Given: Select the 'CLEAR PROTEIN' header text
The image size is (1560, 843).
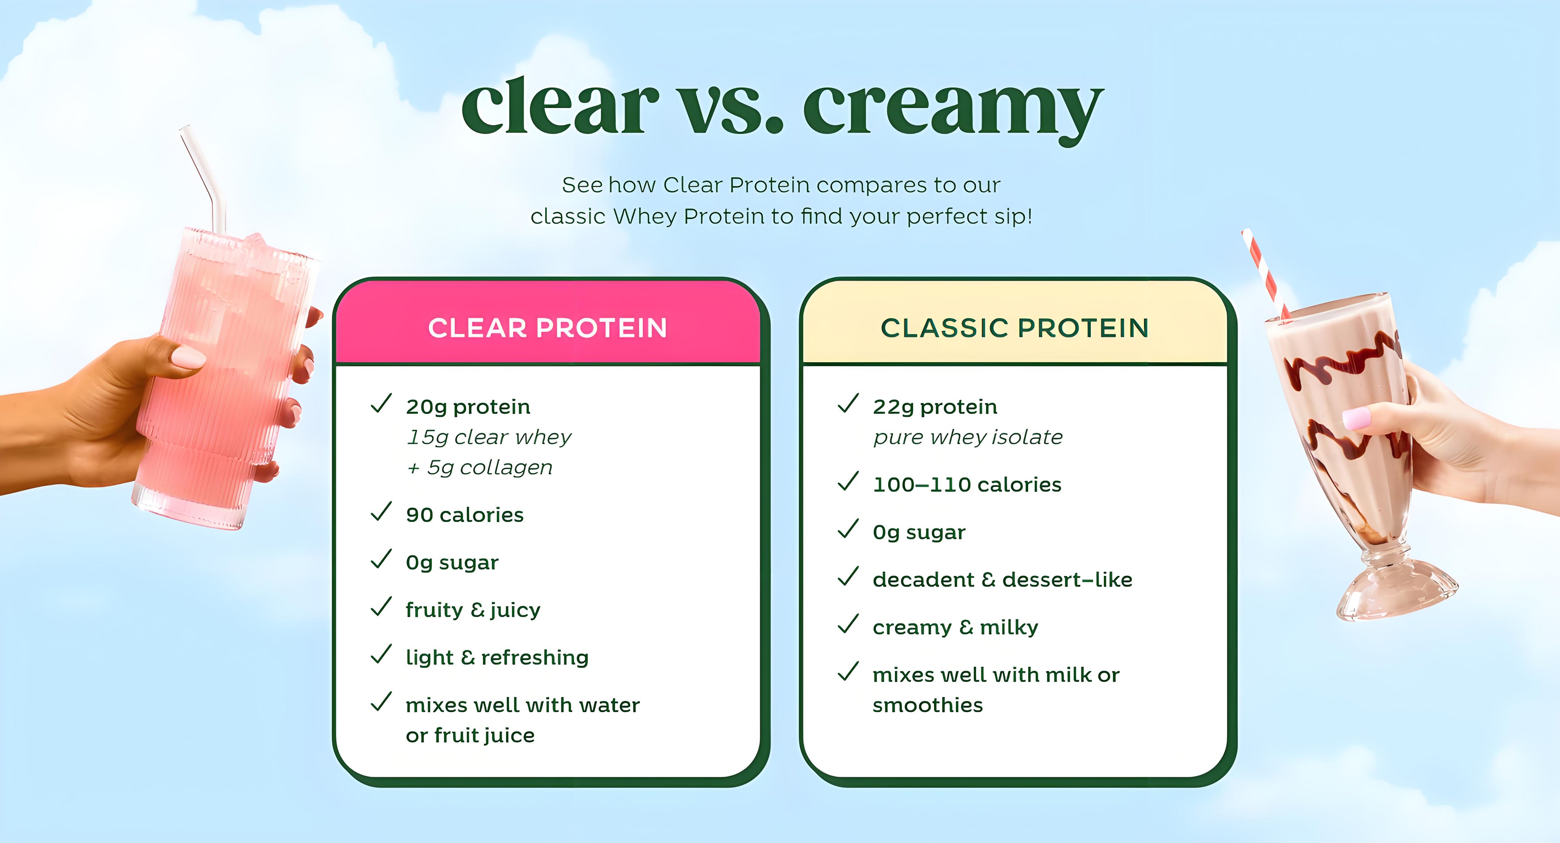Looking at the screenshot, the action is click(548, 328).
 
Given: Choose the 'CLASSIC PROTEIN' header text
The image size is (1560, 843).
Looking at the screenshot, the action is click(1015, 328).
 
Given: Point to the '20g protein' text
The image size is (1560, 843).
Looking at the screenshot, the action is click(468, 406).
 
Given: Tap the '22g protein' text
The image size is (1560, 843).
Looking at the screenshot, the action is click(935, 406).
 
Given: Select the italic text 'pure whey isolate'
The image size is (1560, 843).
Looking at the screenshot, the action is click(968, 437).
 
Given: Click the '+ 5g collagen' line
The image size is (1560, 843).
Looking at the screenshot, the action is click(480, 467).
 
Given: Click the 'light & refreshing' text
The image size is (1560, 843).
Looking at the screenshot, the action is click(497, 658).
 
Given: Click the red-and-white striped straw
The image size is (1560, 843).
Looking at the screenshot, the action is click(1267, 275).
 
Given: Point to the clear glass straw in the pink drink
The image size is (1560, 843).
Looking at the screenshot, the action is click(204, 179).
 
